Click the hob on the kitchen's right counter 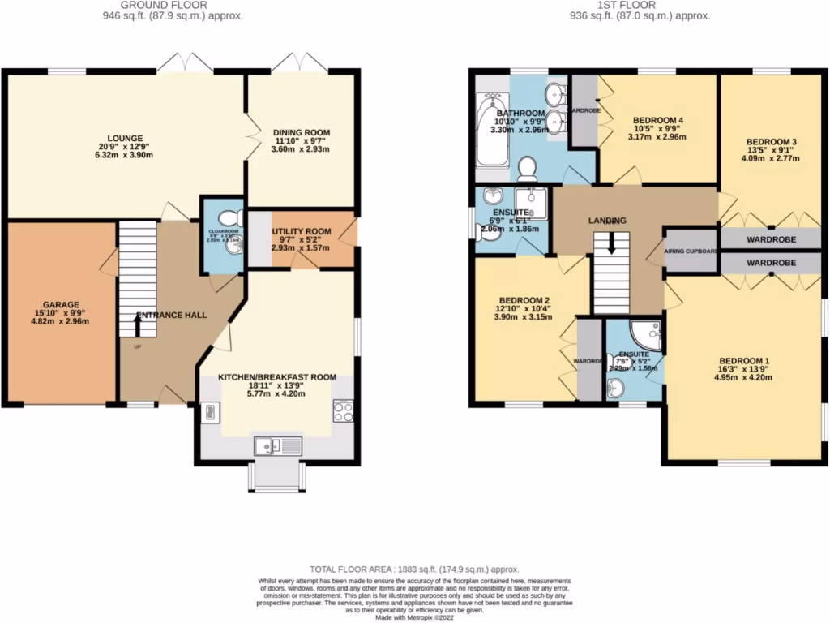(x=342, y=411)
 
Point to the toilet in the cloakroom (x=232, y=217)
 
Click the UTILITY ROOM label (x=302, y=231)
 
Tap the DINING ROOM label (x=302, y=132)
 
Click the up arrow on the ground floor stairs (x=136, y=324)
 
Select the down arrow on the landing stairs (x=612, y=243)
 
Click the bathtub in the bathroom (x=491, y=130)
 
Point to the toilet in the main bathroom (x=528, y=169)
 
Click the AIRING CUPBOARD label (x=691, y=251)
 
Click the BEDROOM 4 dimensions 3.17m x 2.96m (x=657, y=137)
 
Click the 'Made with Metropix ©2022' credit (x=415, y=617)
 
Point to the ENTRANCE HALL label (x=171, y=315)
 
